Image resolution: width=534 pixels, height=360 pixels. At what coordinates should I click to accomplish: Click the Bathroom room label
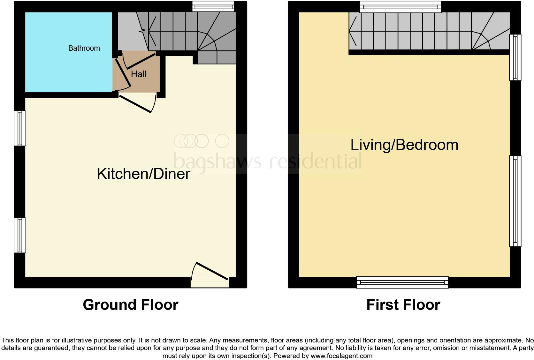[x=84, y=48]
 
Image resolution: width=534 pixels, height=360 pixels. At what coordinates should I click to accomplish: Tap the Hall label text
[x=139, y=74]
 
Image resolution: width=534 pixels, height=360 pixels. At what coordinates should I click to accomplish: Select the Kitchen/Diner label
[x=143, y=174]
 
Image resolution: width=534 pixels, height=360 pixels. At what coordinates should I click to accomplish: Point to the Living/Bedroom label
[x=404, y=145]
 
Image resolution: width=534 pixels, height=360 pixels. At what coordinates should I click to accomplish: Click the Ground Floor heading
[x=130, y=305]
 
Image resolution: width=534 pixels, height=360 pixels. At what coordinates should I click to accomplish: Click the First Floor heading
[x=403, y=305]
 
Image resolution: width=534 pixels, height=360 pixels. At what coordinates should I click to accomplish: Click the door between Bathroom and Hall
[x=123, y=73]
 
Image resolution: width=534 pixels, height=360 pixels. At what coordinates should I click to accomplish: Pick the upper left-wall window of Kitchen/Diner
[x=20, y=128]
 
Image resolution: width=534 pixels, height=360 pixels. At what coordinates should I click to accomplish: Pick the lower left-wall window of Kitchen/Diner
[x=20, y=235]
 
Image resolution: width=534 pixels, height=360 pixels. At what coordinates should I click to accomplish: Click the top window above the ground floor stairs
[x=213, y=6]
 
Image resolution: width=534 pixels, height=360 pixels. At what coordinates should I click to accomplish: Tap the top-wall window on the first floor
[x=400, y=7]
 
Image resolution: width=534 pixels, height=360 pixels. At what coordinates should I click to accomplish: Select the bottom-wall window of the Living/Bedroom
[x=402, y=282]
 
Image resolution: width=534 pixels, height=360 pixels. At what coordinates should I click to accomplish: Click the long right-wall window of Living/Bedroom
[x=515, y=201]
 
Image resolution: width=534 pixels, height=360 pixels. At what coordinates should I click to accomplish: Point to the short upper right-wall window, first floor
[x=515, y=57]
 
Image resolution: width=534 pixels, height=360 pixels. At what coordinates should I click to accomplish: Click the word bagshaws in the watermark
[x=217, y=161]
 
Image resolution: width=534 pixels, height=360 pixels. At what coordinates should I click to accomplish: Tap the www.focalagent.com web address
[x=341, y=356]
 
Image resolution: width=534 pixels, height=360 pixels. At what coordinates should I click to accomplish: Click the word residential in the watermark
[x=316, y=161]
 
